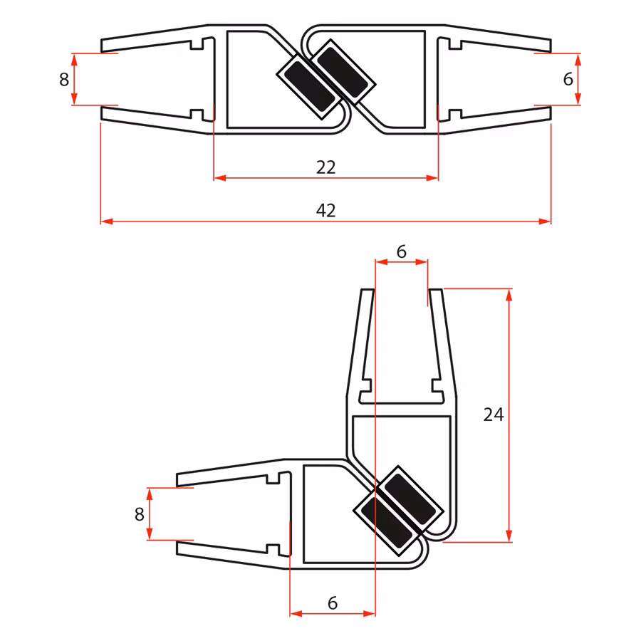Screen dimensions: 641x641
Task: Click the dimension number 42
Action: coord(325,210)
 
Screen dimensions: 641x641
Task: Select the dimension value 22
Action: coord(325,167)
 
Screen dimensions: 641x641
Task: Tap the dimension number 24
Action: coord(494,415)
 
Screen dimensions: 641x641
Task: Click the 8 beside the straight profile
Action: coord(64,79)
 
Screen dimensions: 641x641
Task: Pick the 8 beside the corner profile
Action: coord(140,514)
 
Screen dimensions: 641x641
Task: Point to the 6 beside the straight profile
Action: coord(568,79)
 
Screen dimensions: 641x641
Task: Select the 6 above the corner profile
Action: coord(401,251)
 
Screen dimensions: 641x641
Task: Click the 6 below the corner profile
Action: coord(332,603)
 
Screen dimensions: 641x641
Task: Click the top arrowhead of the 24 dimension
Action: coord(509,294)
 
